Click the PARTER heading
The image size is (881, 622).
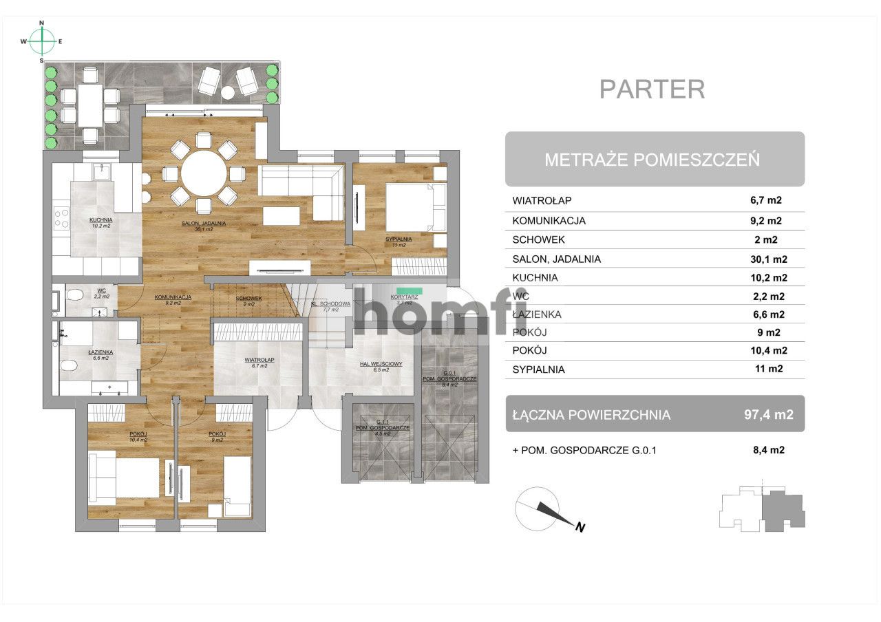(x=652, y=89)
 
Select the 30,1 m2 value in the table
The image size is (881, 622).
(x=768, y=259)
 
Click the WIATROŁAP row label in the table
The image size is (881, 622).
(x=542, y=201)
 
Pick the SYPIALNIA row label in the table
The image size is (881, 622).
(x=538, y=369)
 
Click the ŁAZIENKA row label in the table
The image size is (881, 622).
(x=537, y=314)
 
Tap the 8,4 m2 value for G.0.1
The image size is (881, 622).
(x=768, y=451)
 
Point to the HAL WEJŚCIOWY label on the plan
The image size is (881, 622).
(x=381, y=364)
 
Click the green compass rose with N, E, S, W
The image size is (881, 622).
(x=42, y=41)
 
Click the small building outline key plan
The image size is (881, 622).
(x=762, y=509)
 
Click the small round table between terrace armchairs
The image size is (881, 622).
(x=228, y=92)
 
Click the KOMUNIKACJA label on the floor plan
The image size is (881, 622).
(x=173, y=297)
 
